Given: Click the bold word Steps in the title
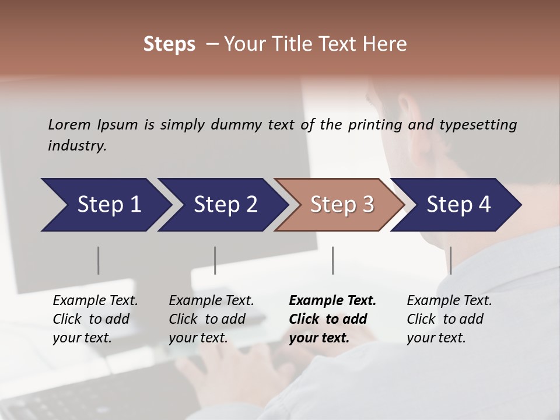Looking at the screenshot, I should (169, 44).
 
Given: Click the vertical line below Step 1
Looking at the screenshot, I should (98, 260).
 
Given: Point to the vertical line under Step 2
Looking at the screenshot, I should (215, 260).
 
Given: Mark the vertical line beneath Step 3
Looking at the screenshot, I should (332, 260).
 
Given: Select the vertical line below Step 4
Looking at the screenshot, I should (450, 260).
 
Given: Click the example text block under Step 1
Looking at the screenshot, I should (95, 319).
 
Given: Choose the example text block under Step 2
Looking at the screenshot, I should (211, 319).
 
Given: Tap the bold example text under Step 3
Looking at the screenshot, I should (332, 319).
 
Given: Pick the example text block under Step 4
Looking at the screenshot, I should (449, 319).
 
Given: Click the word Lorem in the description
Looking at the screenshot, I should (69, 124).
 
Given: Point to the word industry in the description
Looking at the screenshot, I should (77, 146).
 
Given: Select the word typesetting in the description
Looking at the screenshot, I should (478, 125).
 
